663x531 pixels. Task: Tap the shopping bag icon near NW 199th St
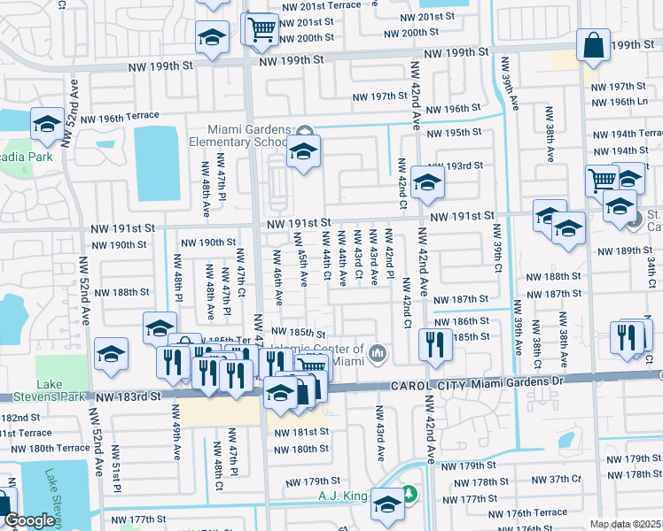click(592, 46)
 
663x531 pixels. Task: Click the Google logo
click(28, 521)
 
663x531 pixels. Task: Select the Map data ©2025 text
click(625, 524)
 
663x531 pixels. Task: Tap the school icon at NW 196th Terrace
click(46, 126)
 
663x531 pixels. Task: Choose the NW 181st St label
click(300, 432)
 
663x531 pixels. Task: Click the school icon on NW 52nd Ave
click(112, 355)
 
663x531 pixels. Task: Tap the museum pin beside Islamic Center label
click(378, 354)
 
